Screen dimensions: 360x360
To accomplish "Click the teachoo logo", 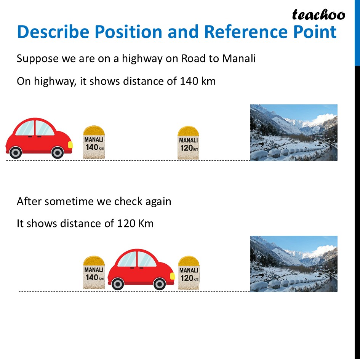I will coord(318,14).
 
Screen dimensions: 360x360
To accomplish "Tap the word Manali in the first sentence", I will coord(239,59).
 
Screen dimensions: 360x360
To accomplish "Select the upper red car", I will coord(38,138).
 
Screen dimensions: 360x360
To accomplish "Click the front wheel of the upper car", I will coord(58,153).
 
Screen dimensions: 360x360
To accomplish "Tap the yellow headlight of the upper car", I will coord(70,145).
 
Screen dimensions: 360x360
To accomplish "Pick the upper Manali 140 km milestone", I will coord(94,142).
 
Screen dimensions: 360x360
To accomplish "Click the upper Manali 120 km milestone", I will coord(188,143).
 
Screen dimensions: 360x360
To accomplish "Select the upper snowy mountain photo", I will coord(293,133).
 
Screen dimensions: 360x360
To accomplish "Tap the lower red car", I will coord(141,269).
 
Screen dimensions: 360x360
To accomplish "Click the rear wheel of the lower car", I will coord(118,284).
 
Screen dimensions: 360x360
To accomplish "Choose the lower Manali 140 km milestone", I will coord(94,272).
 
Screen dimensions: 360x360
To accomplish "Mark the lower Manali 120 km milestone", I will coord(189,273).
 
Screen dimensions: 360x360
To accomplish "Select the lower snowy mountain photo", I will coord(293,264).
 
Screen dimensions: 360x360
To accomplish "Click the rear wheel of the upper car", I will coord(16,153).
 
